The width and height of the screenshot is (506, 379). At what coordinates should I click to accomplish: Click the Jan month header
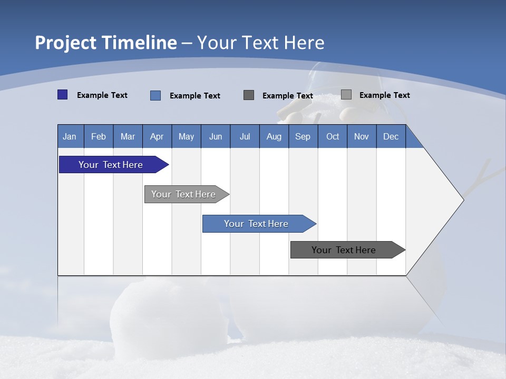pos(70,136)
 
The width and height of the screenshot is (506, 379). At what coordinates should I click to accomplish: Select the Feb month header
pos(99,136)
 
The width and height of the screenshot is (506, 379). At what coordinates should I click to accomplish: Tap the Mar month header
pos(128,136)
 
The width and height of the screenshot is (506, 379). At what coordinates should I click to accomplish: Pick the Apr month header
pos(157,136)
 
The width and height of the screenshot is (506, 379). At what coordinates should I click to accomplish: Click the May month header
pos(186,136)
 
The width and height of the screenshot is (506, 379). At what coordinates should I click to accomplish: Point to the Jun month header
pos(216,136)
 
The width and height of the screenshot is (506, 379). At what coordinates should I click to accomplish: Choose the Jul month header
pos(245,136)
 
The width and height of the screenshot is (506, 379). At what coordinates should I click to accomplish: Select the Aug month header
pos(274,136)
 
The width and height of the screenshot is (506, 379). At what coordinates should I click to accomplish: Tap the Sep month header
pos(303,136)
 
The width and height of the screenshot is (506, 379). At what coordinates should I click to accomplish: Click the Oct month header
pos(333,136)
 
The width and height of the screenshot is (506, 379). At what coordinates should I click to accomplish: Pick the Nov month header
pos(362,136)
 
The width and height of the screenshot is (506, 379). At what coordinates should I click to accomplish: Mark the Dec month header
pos(391,136)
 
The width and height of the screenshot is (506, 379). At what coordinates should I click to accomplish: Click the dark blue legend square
pos(63,95)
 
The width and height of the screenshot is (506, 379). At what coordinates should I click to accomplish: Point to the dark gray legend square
pos(249,95)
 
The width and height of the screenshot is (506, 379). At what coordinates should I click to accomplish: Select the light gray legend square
pos(346,95)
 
